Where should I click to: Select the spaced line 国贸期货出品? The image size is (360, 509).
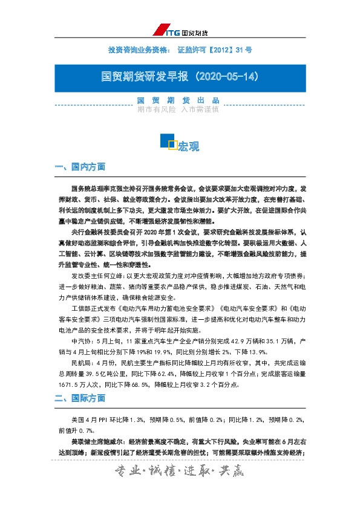177,100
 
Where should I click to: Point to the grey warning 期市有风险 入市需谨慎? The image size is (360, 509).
177,109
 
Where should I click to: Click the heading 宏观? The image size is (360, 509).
188,146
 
